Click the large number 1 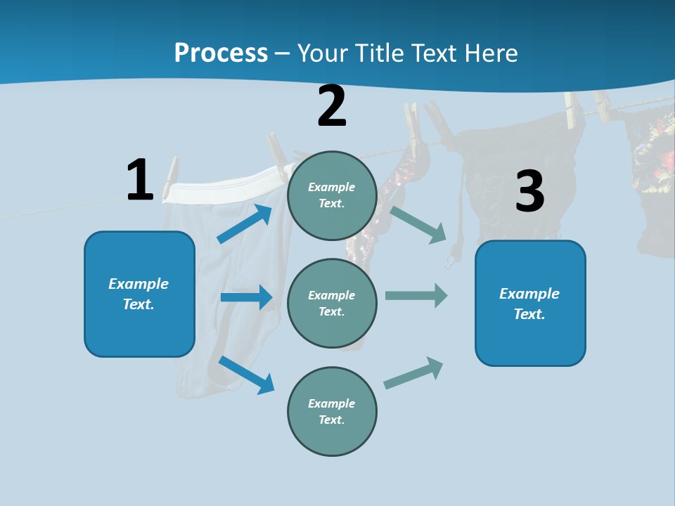coord(140,180)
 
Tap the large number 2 coord(332,106)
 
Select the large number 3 coord(529,191)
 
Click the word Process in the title coord(221,53)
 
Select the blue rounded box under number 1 coord(139,294)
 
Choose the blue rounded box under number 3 coord(530,303)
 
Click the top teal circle coord(332,195)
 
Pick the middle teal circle coord(332,303)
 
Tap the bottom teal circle coord(332,411)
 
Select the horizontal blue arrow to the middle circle coord(246,297)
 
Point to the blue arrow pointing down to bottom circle coord(247,375)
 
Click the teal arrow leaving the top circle coord(419,224)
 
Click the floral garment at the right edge coord(654,155)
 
